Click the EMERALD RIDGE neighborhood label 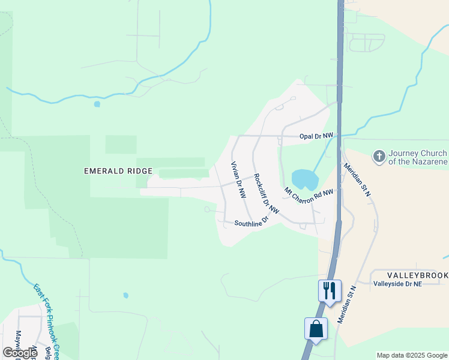(x=118, y=171)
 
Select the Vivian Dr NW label (x=239, y=180)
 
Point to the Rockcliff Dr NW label (x=267, y=193)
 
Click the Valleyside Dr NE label (x=398, y=284)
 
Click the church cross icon (x=379, y=157)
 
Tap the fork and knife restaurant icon (x=330, y=291)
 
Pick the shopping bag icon (x=316, y=329)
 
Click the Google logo (x=20, y=353)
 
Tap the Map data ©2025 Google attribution (x=412, y=355)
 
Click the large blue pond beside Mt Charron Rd (x=304, y=179)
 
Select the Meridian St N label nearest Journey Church (x=357, y=179)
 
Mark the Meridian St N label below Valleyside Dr (x=347, y=305)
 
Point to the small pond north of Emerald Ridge (x=97, y=104)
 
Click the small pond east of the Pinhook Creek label (x=125, y=295)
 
